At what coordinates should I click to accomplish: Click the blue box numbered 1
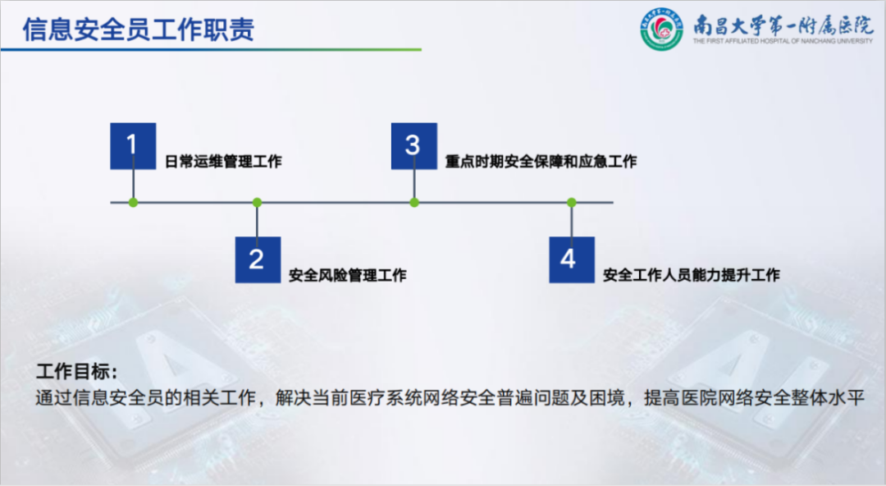click(133, 146)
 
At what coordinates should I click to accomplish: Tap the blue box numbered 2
click(258, 259)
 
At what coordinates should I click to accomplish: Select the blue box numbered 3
click(414, 146)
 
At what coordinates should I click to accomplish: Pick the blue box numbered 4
click(572, 259)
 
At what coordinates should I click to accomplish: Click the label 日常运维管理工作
click(223, 162)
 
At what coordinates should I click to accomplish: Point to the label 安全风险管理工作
click(348, 276)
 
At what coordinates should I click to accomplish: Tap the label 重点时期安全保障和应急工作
click(541, 162)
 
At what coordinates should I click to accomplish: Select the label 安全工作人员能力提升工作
click(691, 276)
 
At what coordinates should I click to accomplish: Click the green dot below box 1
click(134, 203)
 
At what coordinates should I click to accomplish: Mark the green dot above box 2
click(257, 203)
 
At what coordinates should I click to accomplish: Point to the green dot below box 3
click(414, 203)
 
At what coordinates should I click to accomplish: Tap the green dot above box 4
click(572, 203)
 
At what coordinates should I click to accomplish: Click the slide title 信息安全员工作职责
click(139, 30)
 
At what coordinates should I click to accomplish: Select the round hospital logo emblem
click(661, 29)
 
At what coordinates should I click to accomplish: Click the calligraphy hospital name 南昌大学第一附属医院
click(783, 25)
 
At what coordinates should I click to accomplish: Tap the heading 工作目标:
click(77, 372)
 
